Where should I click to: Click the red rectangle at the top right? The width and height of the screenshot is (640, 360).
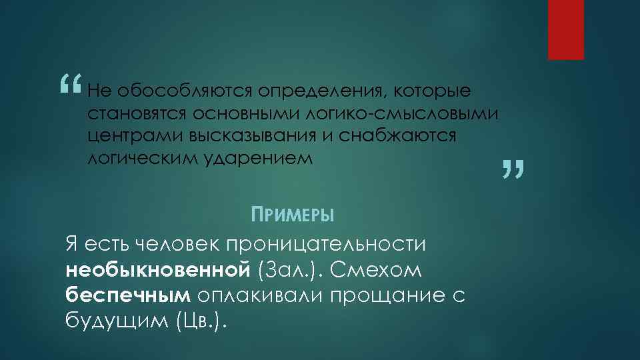[566, 29]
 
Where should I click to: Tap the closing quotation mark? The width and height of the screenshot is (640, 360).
[513, 169]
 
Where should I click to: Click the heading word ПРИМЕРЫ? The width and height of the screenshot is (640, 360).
[291, 215]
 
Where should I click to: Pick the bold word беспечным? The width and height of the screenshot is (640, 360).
[128, 295]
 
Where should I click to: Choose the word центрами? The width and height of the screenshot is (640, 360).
[135, 136]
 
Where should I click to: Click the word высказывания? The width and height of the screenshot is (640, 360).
[264, 136]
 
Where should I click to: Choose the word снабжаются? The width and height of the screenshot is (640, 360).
[397, 136]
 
